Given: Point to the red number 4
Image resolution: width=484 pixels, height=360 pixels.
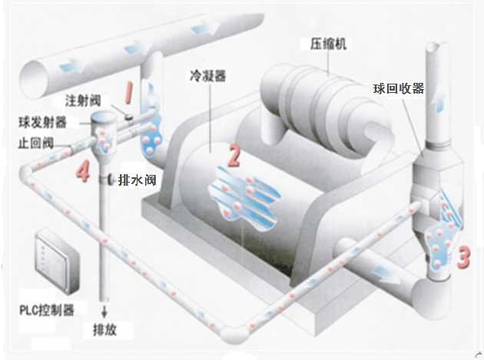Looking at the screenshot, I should pos(81,170).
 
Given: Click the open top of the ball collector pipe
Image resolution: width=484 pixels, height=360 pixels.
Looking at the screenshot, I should pos(435,47).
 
